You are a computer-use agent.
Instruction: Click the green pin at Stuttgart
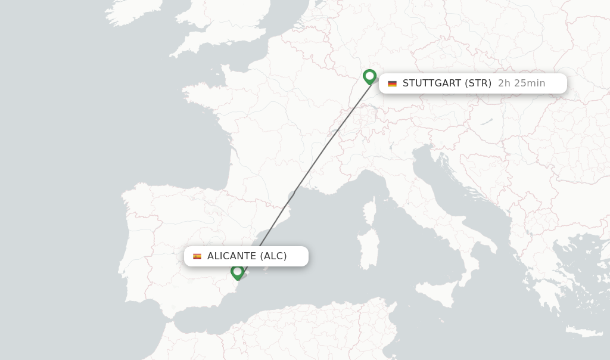[x=369, y=76]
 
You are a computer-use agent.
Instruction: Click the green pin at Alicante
[x=238, y=272]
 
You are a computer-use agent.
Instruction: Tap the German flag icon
[x=392, y=83]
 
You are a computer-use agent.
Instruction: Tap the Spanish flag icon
[x=197, y=256]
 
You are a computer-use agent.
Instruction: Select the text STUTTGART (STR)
[x=447, y=83]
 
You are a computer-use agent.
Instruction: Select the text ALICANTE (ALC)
[x=247, y=256]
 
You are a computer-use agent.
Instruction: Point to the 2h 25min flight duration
[x=521, y=83]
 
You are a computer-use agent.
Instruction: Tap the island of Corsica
[x=370, y=212]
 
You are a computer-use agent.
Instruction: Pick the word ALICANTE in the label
[x=232, y=256]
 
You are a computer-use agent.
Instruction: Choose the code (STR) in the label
[x=478, y=83]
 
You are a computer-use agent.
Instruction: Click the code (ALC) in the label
[x=273, y=256]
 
